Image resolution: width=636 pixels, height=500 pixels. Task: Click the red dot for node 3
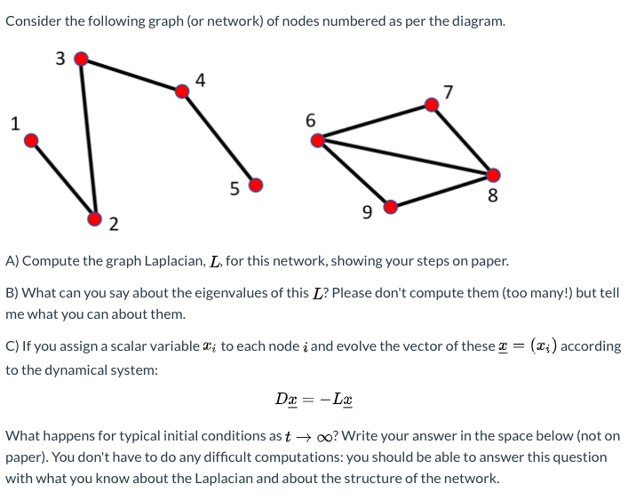click(81, 59)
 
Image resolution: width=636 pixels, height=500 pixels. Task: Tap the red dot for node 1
click(31, 139)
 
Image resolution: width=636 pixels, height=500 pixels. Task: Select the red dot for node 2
click(95, 217)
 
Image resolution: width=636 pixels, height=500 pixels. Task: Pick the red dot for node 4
click(183, 90)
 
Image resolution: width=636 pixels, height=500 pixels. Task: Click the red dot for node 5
click(256, 185)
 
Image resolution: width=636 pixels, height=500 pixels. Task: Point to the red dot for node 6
click(317, 139)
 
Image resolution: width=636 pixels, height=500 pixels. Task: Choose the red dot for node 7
click(432, 105)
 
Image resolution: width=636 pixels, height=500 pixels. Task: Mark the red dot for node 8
click(493, 175)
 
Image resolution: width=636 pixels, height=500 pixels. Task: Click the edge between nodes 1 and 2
click(63, 178)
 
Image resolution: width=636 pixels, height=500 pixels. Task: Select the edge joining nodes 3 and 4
click(131, 74)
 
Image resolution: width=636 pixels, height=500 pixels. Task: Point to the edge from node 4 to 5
click(219, 138)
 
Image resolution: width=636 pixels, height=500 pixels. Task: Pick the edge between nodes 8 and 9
click(441, 191)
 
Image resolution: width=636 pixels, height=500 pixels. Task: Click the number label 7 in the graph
click(448, 91)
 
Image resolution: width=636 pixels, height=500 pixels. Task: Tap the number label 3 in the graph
click(60, 60)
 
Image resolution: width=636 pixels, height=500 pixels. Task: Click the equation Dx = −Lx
click(314, 400)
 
